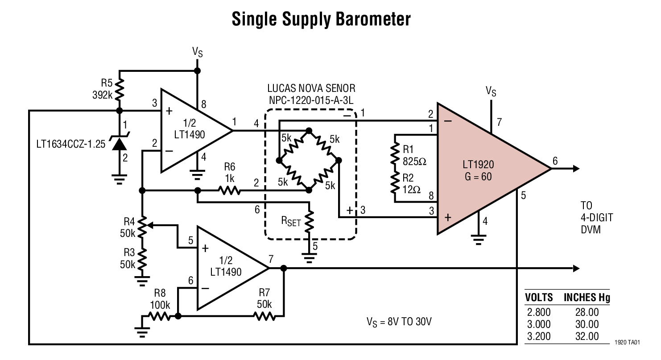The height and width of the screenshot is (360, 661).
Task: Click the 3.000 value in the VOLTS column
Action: [538, 324]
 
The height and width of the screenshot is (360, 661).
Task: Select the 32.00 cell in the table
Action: [587, 336]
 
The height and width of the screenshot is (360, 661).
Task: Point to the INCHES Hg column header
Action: [587, 298]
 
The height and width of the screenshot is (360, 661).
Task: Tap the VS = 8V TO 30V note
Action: [399, 321]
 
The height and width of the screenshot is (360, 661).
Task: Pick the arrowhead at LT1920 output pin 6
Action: [576, 169]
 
